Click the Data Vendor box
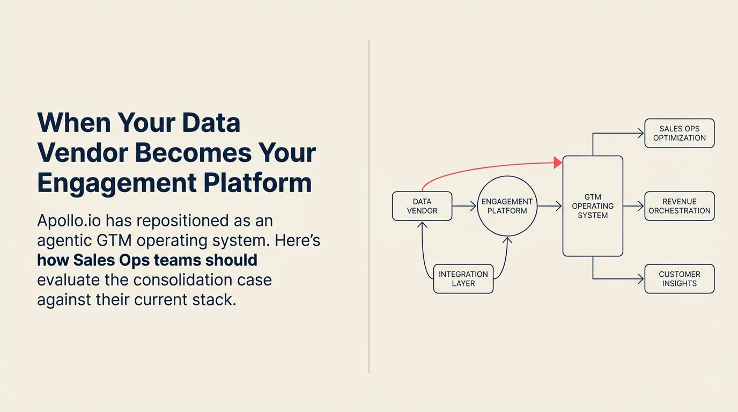(422, 206)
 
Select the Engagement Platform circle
(507, 206)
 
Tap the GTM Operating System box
(593, 206)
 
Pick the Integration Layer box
(463, 278)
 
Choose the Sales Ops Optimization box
(679, 133)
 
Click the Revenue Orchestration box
(679, 206)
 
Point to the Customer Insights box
(679, 278)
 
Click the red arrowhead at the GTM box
(558, 162)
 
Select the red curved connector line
(483, 168)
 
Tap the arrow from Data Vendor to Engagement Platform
(464, 206)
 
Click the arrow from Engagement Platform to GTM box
(549, 206)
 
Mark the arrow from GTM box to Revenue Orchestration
(633, 206)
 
